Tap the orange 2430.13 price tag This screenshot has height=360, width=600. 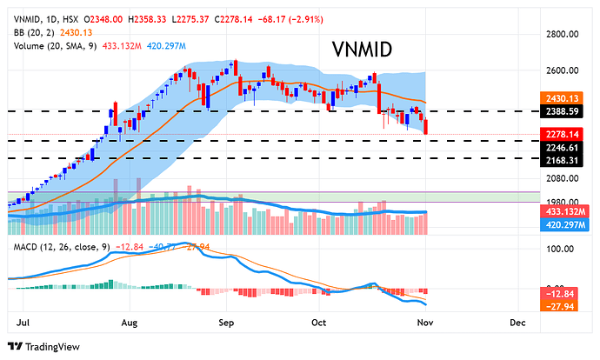pos(562,99)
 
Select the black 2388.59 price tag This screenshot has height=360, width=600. pos(562,111)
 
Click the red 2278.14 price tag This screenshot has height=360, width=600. pos(562,134)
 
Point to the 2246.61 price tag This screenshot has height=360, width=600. pos(562,147)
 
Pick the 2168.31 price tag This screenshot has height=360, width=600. pos(562,159)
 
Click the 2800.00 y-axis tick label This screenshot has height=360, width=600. pos(561,35)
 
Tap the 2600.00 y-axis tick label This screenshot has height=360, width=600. pos(561,70)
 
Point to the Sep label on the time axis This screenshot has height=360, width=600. pos(228,321)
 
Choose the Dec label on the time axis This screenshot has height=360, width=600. pos(517,321)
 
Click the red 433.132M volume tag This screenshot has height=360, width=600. pos(562,211)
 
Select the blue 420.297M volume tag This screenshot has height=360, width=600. pos(562,223)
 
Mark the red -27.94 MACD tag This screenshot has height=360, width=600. pos(562,304)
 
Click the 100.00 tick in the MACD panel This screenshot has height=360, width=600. pos(560,249)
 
